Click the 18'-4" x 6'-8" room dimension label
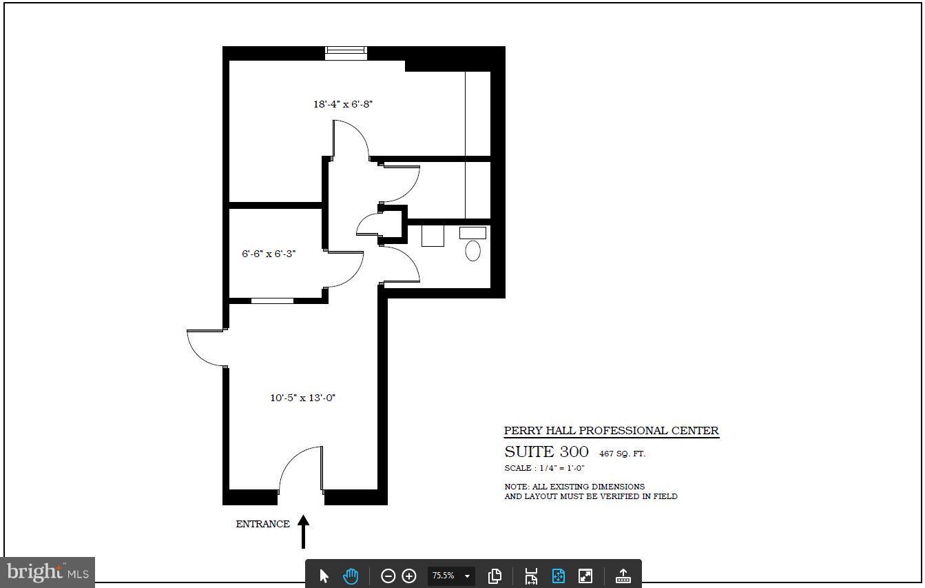(343, 104)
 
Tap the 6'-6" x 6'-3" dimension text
(269, 254)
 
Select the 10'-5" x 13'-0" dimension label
(302, 398)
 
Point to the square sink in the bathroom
(433, 236)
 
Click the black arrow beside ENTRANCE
(303, 531)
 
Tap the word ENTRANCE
(262, 524)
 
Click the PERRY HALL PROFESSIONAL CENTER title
(611, 431)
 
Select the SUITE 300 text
(546, 452)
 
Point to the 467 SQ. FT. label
(622, 454)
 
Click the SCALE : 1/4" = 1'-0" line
(544, 468)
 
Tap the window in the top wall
(346, 53)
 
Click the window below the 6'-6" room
(272, 301)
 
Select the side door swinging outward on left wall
(205, 348)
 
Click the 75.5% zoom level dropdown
(451, 576)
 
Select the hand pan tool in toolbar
(351, 576)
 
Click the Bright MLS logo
(48, 572)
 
